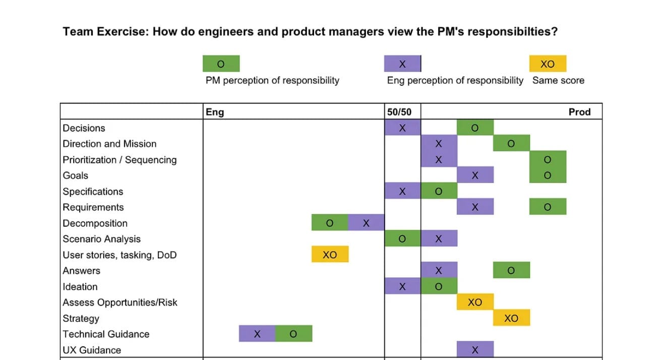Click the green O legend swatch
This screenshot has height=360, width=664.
pyautogui.click(x=221, y=64)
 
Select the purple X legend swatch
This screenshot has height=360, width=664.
pyautogui.click(x=402, y=64)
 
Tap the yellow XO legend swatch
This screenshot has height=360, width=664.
pyautogui.click(x=548, y=64)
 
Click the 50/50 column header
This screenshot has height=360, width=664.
pyautogui.click(x=399, y=112)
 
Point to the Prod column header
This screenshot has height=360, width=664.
pyautogui.click(x=579, y=112)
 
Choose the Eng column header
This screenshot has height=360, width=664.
pyautogui.click(x=215, y=112)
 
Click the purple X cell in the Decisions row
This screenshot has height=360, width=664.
pyautogui.click(x=402, y=128)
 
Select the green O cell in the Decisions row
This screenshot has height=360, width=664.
pyautogui.click(x=474, y=128)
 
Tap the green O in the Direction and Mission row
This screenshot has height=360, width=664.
pyautogui.click(x=511, y=144)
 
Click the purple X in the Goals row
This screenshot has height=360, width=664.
pyautogui.click(x=475, y=175)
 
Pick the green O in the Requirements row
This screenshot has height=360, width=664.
pyautogui.click(x=548, y=207)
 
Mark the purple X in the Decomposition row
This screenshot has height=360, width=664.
pyautogui.click(x=366, y=223)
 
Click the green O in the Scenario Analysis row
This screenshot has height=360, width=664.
pyautogui.click(x=402, y=238)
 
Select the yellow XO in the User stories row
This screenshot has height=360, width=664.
pyautogui.click(x=330, y=255)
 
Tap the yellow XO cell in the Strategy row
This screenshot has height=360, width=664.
pyautogui.click(x=511, y=318)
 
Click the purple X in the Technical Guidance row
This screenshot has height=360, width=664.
pyautogui.click(x=257, y=334)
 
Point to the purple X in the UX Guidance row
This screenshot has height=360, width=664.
pyautogui.click(x=475, y=349)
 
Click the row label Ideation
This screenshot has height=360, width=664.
pyautogui.click(x=80, y=286)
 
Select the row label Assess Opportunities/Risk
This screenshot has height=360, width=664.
pyautogui.click(x=120, y=303)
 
